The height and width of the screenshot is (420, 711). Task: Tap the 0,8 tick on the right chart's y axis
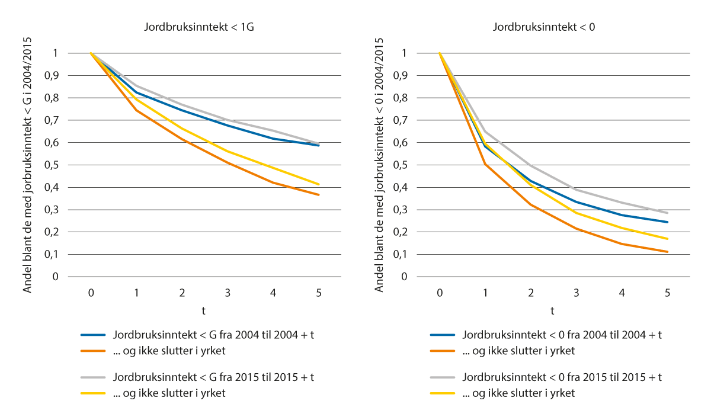[x=405, y=98]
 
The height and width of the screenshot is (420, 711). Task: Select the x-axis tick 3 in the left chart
[x=228, y=293]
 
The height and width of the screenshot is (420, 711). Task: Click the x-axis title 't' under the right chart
[x=552, y=310]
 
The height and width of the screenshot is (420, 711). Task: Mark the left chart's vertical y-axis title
[x=27, y=164]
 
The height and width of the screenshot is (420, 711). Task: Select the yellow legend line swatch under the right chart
[x=438, y=393]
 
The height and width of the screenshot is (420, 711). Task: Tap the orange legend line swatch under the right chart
[x=438, y=350]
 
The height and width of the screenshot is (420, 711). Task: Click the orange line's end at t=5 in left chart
[x=319, y=195]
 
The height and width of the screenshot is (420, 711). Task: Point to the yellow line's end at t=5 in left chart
[x=319, y=184]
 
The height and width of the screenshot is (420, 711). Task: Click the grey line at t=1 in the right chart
[x=485, y=132]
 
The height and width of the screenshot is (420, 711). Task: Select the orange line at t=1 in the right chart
[x=485, y=164]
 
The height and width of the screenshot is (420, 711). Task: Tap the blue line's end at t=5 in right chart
[x=668, y=222]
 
